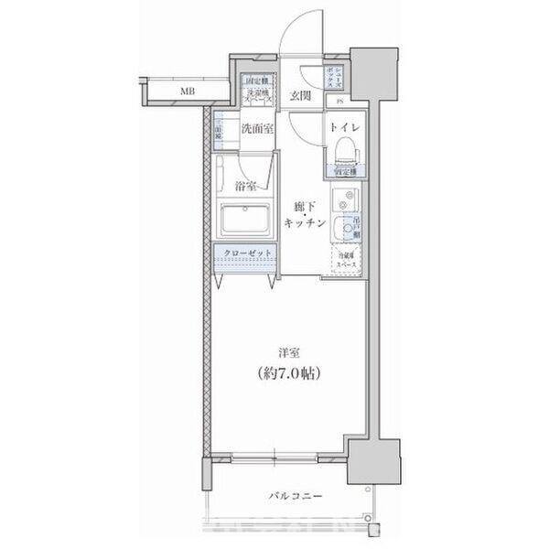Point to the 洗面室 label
(256, 129)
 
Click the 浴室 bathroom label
(244, 186)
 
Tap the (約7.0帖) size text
(287, 374)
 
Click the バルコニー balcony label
(294, 497)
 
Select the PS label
(339, 102)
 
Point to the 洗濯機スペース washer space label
(254, 88)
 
